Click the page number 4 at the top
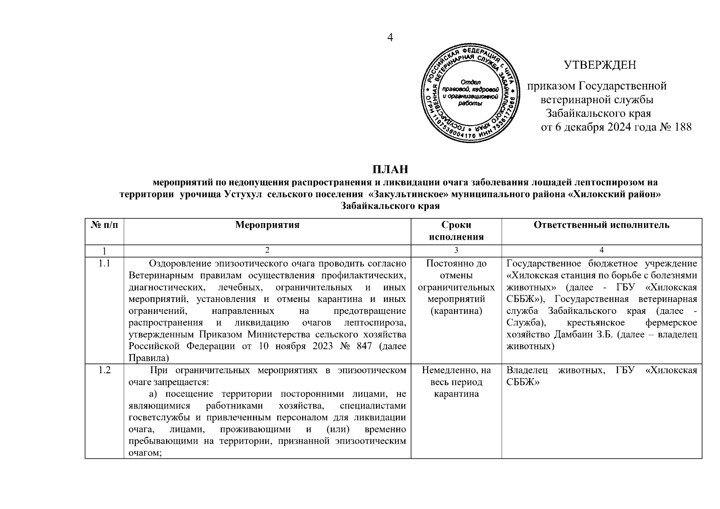[x=390, y=38]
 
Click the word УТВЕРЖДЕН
[x=600, y=65]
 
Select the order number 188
[x=683, y=127]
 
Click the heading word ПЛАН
[x=390, y=169]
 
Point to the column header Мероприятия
[x=267, y=225]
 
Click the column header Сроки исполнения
[x=456, y=231]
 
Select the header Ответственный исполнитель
[x=602, y=225]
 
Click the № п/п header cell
[x=104, y=225]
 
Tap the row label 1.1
[x=104, y=264]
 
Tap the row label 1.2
[x=104, y=371]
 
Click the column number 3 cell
[x=456, y=250]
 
